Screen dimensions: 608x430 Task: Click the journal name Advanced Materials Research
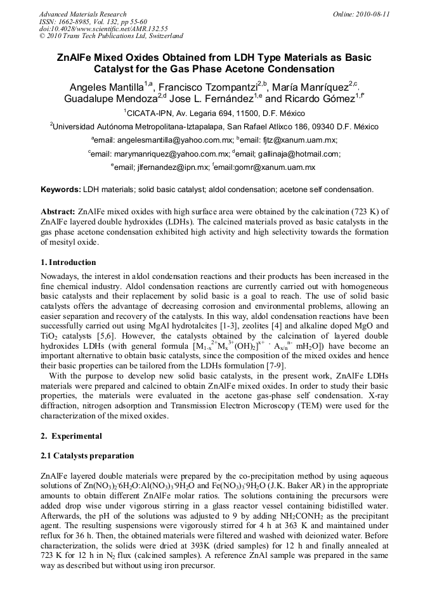pyautogui.click(x=83, y=14)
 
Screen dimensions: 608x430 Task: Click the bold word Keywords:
pyautogui.click(x=61, y=190)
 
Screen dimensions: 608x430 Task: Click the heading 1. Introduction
pyautogui.click(x=68, y=262)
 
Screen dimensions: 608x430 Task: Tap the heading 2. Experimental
pyautogui.click(x=70, y=437)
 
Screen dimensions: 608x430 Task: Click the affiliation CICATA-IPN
pyautogui.click(x=152, y=113)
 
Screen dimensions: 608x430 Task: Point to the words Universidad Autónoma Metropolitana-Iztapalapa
pyautogui.click(x=146, y=127)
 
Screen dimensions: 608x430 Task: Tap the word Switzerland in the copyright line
pyautogui.click(x=163, y=36)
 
